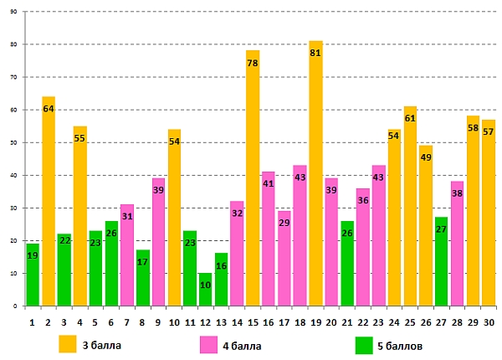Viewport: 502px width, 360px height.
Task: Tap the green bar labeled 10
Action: pos(206,293)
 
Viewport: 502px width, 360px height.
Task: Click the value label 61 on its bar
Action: pos(410,118)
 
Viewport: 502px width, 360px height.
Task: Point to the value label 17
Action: pos(142,262)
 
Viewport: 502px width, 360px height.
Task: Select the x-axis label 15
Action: pos(253,321)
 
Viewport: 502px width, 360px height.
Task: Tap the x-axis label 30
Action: pos(488,321)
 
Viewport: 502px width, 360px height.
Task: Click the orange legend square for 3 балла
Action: pos(67,344)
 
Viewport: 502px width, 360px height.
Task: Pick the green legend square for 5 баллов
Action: pos(364,344)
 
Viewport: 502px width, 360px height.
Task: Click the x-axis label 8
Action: pos(142,321)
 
